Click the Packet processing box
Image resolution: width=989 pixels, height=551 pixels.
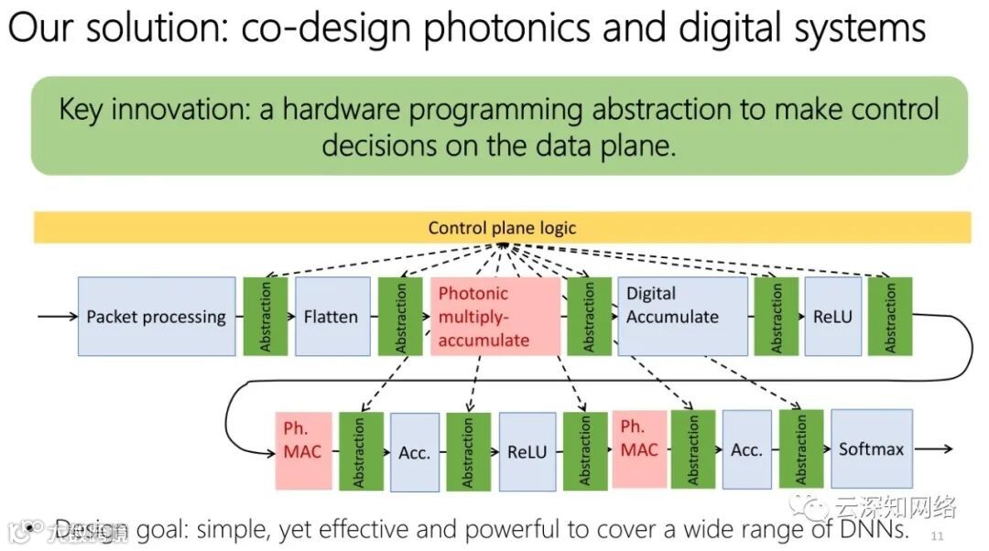coord(157,317)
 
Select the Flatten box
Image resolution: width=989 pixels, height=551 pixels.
coord(331,317)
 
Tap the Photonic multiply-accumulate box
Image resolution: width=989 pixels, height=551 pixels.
coord(494,317)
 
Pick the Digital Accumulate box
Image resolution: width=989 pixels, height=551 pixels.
coord(682,317)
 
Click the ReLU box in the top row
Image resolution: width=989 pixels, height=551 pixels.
coord(832,317)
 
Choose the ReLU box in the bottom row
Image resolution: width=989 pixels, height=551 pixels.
coord(527,451)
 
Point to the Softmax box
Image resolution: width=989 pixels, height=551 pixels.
coord(871,448)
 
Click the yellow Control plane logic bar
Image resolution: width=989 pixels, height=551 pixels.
coord(502,228)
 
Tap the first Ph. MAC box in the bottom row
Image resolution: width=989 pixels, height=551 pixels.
coord(303,450)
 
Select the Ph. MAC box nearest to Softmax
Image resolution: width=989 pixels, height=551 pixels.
coord(639,448)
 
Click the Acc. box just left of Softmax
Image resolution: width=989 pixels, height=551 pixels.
coord(746,449)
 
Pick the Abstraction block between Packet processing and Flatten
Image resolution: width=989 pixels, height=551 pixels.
coord(266,317)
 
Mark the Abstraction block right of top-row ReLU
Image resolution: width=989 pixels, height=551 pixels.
coord(890,317)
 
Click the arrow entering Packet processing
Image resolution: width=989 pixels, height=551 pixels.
coord(57,317)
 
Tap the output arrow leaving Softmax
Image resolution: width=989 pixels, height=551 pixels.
coord(934,448)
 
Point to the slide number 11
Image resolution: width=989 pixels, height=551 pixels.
coord(937,535)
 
